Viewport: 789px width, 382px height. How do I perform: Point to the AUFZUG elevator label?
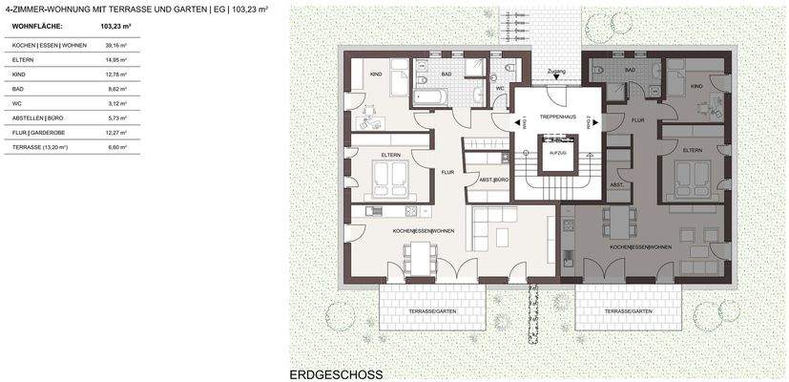tap(556, 152)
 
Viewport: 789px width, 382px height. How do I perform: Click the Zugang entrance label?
tap(556, 71)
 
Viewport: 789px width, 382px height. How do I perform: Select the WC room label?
tap(499, 88)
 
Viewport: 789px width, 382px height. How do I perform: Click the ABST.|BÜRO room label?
tap(494, 180)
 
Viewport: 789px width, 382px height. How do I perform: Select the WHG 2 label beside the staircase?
tap(590, 122)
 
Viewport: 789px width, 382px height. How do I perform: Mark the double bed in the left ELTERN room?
tap(390, 175)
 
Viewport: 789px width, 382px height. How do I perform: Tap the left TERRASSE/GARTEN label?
tap(433, 311)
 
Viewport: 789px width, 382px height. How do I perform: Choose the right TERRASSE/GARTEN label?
tap(627, 311)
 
